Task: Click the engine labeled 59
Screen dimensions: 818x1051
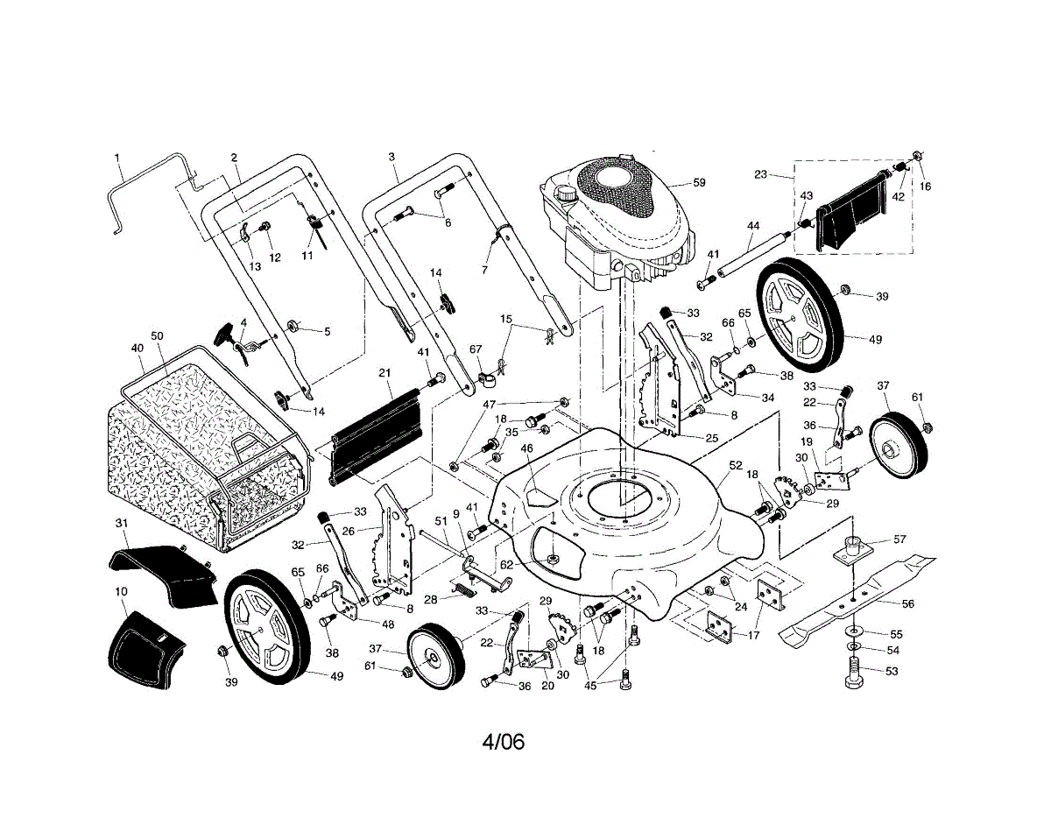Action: click(613, 219)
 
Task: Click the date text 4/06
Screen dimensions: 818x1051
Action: click(503, 742)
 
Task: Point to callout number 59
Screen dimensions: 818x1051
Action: click(698, 183)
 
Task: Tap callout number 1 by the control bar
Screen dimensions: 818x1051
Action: click(117, 158)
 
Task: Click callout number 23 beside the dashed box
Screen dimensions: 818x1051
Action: click(759, 174)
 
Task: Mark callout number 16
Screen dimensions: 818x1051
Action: click(926, 187)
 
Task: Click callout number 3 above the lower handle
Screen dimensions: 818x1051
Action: click(391, 158)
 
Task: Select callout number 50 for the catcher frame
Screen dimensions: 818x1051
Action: click(158, 336)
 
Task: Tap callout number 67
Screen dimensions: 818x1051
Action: click(476, 349)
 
